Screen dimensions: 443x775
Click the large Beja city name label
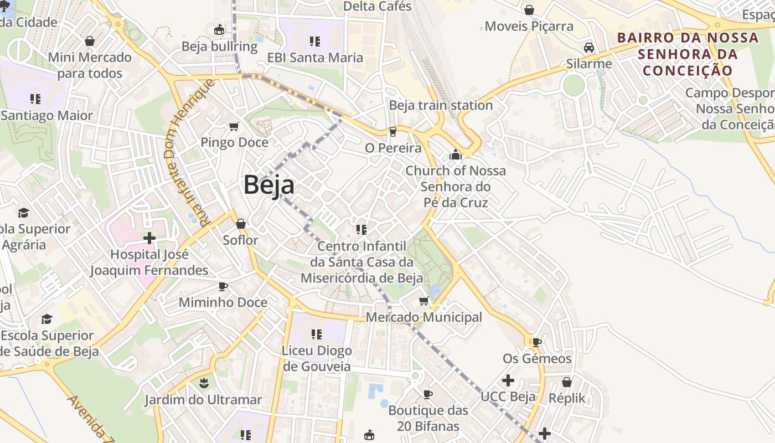tap(269, 184)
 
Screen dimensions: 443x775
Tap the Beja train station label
tap(441, 105)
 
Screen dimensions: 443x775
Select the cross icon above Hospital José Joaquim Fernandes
tap(149, 238)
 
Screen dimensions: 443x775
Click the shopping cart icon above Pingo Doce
tap(234, 127)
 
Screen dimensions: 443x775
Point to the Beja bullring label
tap(220, 47)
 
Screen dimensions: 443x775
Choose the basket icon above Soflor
tap(241, 224)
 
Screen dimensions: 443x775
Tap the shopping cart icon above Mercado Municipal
tap(424, 301)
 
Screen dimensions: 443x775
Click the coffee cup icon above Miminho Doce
tap(223, 286)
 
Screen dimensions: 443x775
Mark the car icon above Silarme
tap(589, 48)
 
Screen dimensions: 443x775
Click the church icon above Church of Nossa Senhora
tap(456, 154)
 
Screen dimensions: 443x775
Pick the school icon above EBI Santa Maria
tap(315, 41)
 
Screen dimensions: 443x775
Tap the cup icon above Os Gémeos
tap(536, 342)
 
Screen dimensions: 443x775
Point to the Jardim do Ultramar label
tap(203, 399)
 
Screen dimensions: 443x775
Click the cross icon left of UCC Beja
tap(508, 380)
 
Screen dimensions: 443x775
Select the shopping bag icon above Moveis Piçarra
tap(529, 10)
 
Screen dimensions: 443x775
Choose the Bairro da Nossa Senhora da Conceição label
tap(688, 54)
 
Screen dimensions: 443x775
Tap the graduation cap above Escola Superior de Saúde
tap(46, 320)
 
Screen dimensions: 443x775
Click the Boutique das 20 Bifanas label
tap(428, 418)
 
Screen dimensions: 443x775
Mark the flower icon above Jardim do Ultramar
tap(204, 383)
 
